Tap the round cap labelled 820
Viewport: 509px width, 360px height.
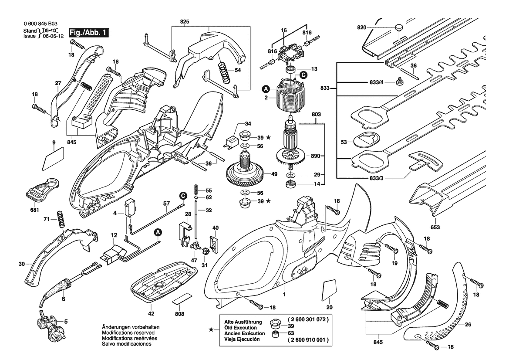pos(400,28)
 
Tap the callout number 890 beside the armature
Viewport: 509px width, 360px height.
pos(312,156)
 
